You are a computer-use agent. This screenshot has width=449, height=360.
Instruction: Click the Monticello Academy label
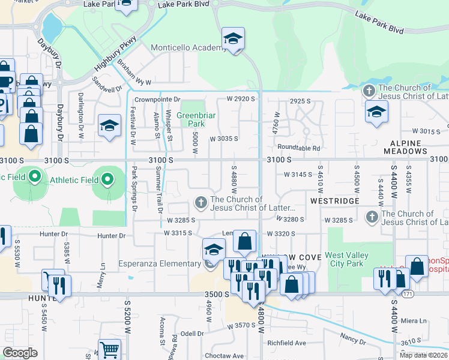point(188,47)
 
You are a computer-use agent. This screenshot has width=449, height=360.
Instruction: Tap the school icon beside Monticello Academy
point(233,40)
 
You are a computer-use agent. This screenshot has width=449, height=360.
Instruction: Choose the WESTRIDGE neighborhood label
point(334,200)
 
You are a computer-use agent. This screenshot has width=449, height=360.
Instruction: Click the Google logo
point(20,353)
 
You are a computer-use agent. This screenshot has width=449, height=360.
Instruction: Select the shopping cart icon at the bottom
point(109,350)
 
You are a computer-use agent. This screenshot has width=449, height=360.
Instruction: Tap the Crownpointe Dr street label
point(157,99)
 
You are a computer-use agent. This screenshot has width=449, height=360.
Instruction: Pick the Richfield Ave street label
point(286,343)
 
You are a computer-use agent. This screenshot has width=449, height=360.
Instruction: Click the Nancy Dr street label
point(353,338)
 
